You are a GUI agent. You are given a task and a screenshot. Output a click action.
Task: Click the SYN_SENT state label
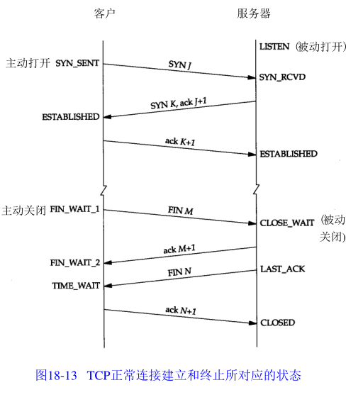(77, 63)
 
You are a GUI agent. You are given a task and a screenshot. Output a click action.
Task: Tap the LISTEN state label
(274, 47)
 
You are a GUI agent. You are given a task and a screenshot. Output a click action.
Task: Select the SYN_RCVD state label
(282, 77)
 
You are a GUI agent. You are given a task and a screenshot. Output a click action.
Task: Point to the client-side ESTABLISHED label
(71, 117)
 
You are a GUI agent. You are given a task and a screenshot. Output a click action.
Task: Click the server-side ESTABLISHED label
(289, 154)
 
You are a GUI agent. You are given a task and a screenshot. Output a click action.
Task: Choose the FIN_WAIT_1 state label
(74, 209)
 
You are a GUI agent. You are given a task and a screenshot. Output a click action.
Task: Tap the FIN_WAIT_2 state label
(75, 263)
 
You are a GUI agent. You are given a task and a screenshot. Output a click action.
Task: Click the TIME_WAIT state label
(76, 286)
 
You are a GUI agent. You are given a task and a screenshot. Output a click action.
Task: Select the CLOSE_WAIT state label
(287, 223)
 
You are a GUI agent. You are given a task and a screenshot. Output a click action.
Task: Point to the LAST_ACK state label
(283, 269)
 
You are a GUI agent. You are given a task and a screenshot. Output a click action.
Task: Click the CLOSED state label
(278, 323)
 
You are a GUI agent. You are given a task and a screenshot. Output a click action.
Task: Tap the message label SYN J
(179, 65)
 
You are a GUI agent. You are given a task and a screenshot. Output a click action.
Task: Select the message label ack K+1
(180, 142)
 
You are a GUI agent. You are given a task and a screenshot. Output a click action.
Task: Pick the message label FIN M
(181, 211)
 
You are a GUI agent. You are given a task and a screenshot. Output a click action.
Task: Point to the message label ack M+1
(179, 249)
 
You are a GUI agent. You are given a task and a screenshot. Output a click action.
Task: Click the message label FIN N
(179, 272)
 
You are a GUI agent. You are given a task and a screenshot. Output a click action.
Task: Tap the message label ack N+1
(181, 311)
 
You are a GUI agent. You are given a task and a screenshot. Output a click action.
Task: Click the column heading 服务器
(254, 13)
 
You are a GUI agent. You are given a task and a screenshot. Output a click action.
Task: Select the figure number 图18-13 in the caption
(56, 375)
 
